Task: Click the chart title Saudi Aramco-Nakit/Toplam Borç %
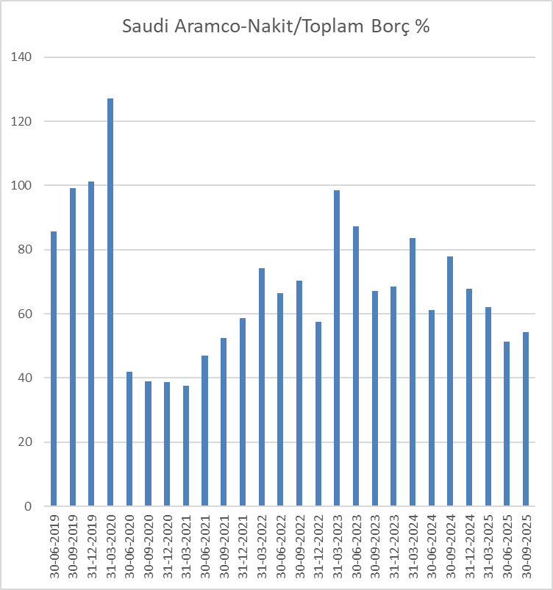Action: [276, 26]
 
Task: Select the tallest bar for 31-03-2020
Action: [110, 302]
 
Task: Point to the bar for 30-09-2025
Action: [525, 419]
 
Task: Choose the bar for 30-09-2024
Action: [449, 381]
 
